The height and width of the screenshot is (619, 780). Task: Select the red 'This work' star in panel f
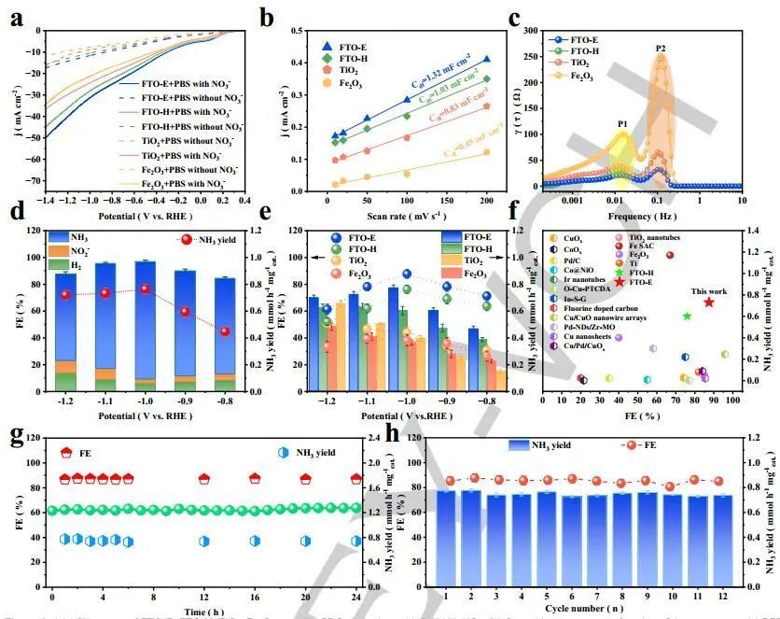point(709,302)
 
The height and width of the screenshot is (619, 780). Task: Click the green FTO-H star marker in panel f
point(687,316)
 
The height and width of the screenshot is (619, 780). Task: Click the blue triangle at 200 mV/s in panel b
point(486,59)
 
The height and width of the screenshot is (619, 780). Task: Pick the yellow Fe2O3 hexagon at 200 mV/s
point(486,152)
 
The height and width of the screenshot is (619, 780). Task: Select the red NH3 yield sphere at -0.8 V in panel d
point(224,331)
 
